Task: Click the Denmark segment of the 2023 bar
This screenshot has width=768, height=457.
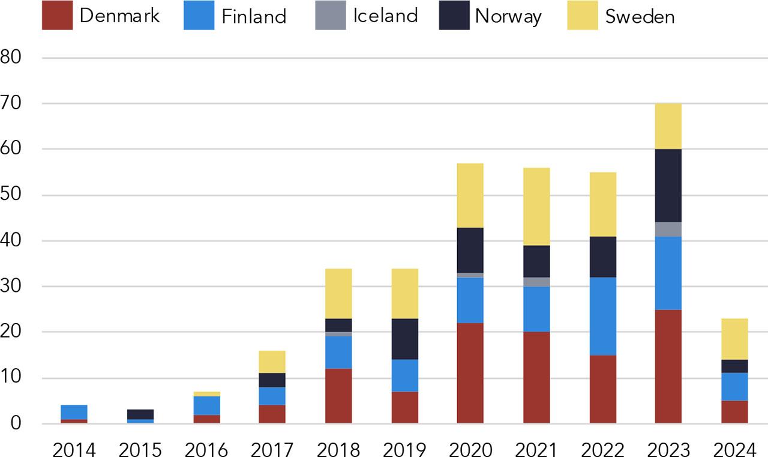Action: coord(668,366)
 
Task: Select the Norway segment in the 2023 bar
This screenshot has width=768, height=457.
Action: coord(668,186)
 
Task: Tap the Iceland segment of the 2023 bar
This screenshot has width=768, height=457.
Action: coord(668,229)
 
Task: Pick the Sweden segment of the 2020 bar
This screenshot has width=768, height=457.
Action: coord(470,195)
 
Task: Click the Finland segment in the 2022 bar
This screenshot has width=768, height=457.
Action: coord(602,316)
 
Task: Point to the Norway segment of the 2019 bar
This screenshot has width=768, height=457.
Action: coord(404,339)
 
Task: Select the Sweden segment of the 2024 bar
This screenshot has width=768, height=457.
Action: coord(734,339)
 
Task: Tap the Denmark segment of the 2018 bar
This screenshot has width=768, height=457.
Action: coord(338,396)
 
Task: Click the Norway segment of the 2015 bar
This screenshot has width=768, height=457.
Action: coord(140,414)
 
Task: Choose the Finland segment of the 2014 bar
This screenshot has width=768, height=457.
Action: coord(74,412)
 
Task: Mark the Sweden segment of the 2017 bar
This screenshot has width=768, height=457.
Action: coord(272,362)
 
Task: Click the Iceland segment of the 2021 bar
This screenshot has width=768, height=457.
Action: coord(536,282)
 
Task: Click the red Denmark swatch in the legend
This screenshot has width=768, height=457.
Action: coord(57,15)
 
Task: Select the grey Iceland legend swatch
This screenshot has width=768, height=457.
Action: coord(331,15)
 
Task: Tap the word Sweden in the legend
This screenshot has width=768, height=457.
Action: coord(640,16)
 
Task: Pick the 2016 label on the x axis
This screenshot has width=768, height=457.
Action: coord(206,449)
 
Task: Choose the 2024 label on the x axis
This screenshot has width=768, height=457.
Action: coord(734,449)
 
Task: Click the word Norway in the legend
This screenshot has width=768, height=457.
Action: coord(508,16)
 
